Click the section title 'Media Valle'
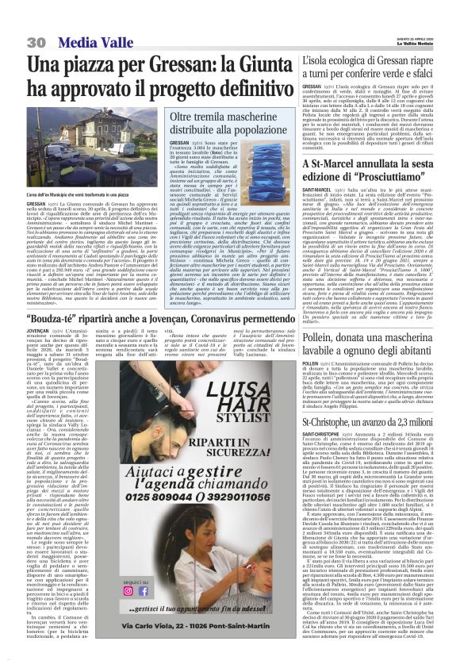(86, 41)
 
